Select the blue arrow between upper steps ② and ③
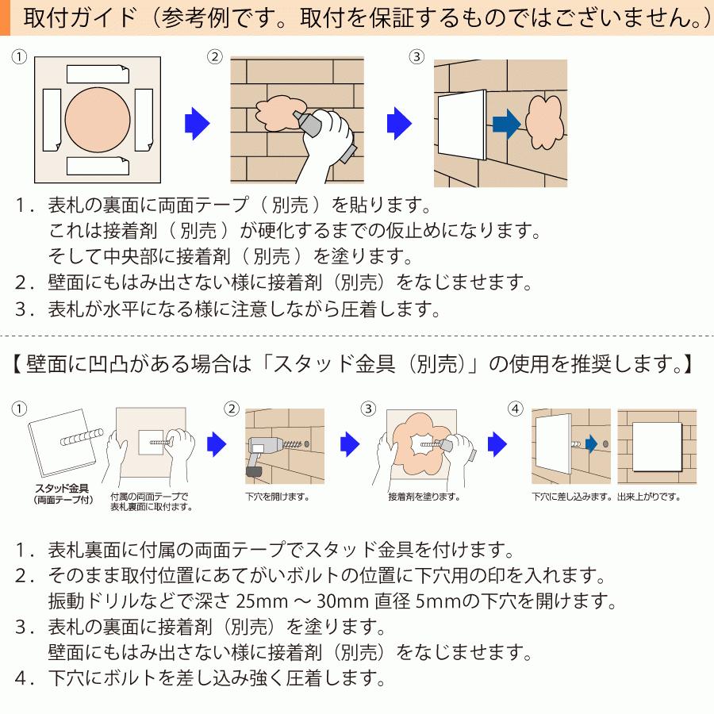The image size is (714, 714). click(x=399, y=123)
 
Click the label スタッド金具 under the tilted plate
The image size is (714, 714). click(x=62, y=489)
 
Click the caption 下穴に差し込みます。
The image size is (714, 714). click(x=571, y=497)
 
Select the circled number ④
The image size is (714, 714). click(x=516, y=409)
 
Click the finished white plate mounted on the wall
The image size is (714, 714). click(x=658, y=447)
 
